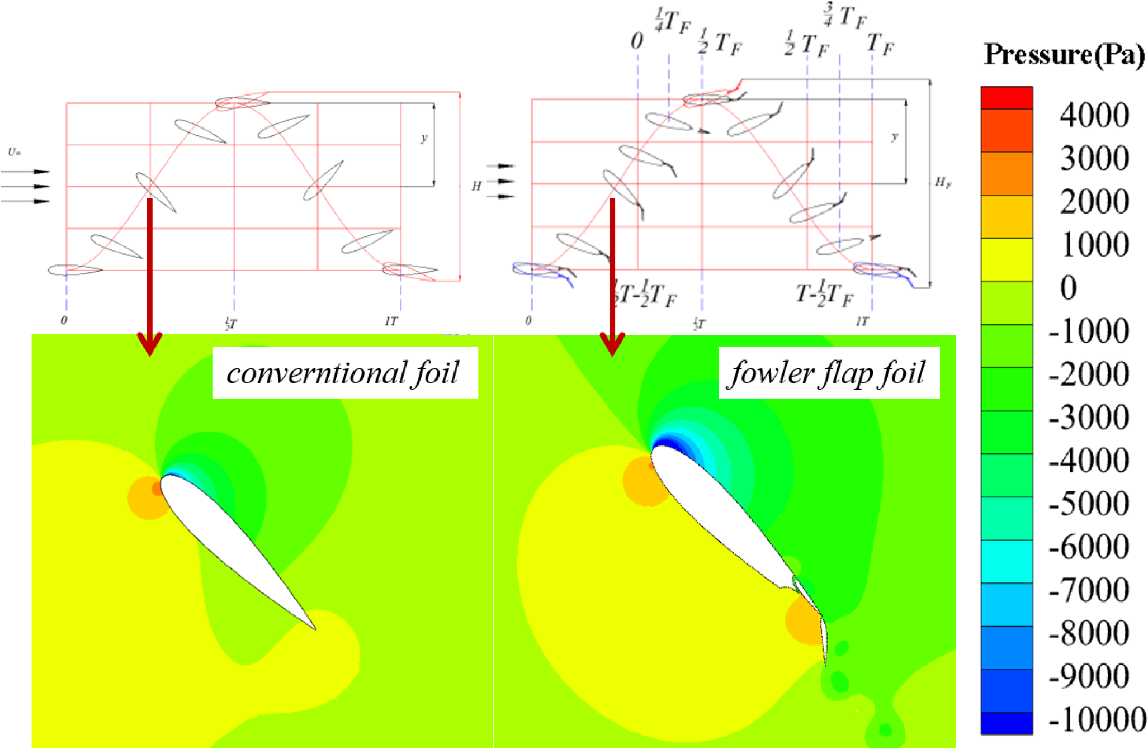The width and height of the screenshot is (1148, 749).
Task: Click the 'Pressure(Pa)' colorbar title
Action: click(1064, 55)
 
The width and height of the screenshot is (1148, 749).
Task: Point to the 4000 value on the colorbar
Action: click(1094, 116)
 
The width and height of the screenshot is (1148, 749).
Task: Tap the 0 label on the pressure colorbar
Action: click(1068, 288)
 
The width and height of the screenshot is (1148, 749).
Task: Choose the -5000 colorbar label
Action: click(1089, 504)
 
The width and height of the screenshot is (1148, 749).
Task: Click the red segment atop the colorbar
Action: click(1007, 98)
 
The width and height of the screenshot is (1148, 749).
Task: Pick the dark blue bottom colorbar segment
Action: click(1007, 723)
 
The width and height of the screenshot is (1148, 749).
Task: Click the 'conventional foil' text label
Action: click(344, 373)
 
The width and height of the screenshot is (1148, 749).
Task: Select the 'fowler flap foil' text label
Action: click(828, 373)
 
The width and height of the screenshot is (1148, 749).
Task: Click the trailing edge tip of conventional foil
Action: click(314, 628)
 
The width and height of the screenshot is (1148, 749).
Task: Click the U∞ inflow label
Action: click(14, 152)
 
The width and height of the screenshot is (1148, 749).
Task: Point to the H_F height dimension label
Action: click(943, 182)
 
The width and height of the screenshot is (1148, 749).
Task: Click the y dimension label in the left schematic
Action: click(424, 138)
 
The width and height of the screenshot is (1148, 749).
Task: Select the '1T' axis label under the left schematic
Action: click(391, 321)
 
